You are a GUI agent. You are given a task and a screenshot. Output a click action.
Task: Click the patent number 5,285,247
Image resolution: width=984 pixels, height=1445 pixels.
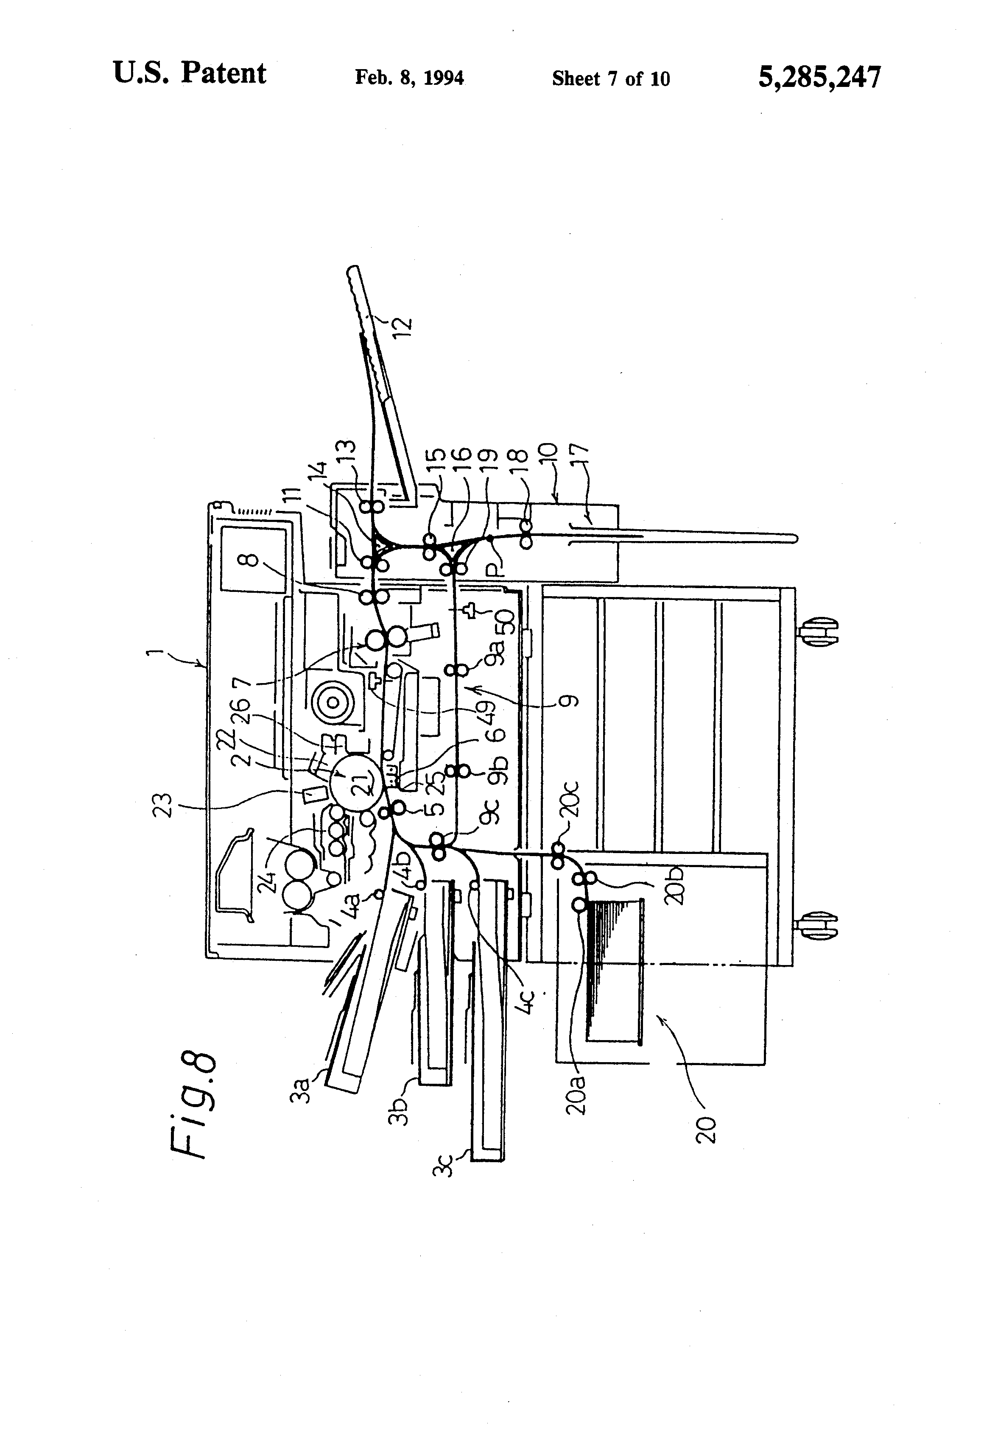click(819, 78)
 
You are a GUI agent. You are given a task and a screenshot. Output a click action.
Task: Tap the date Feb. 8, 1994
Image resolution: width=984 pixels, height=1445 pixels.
click(409, 78)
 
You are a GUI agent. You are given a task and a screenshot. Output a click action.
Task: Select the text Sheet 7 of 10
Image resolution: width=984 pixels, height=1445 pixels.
click(610, 79)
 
